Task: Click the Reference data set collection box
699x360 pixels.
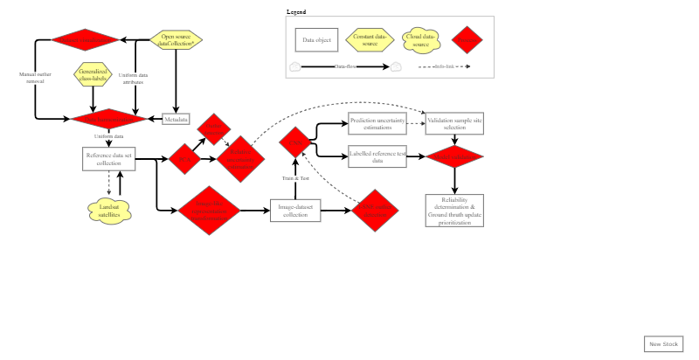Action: (x=109, y=158)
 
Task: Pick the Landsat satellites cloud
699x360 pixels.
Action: (x=109, y=211)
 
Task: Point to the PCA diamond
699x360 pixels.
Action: (x=184, y=158)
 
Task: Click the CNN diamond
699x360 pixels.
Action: (x=295, y=142)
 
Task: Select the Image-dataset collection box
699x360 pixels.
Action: (x=295, y=211)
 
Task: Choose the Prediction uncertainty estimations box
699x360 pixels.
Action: (x=377, y=123)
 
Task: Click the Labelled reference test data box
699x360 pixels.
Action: (x=377, y=157)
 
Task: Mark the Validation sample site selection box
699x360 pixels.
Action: (x=454, y=123)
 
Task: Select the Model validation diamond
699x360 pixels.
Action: (x=454, y=157)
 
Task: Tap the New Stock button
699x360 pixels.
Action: (x=663, y=344)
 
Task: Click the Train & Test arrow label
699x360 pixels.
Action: (x=295, y=178)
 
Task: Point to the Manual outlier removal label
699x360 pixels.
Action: (x=35, y=77)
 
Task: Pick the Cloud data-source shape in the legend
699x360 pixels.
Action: (x=420, y=39)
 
